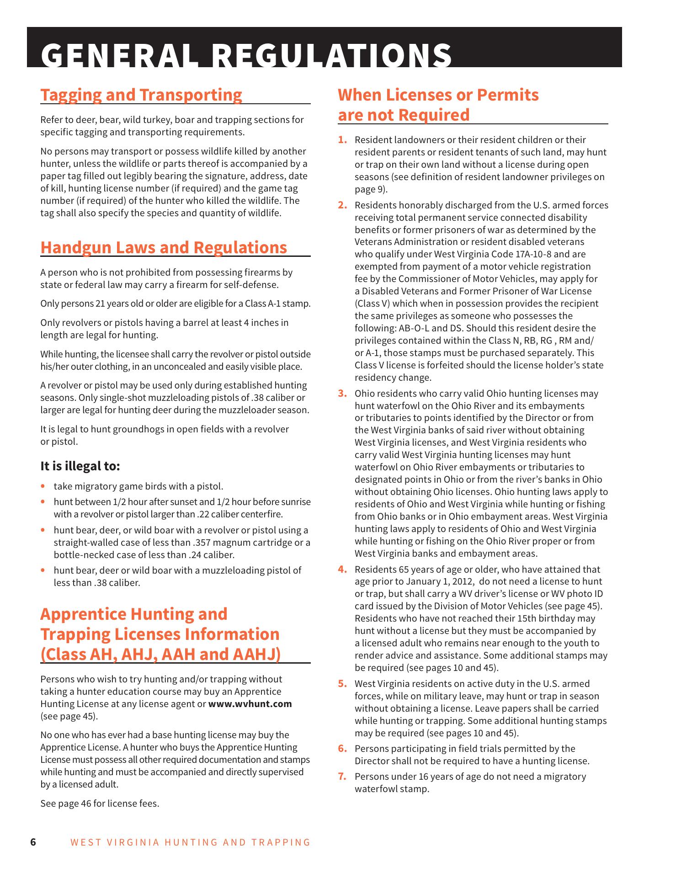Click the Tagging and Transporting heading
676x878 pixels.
point(141,95)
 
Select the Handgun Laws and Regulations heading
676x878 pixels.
point(164,247)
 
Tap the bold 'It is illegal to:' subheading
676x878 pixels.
point(80,466)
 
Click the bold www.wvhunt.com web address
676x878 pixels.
point(250,704)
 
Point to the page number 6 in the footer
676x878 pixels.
point(33,842)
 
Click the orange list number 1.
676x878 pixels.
point(343,140)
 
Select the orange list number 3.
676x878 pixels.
point(343,394)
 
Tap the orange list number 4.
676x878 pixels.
point(343,569)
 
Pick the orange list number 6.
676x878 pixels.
point(343,749)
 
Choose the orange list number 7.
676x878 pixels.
point(343,777)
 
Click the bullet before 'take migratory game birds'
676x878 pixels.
point(43,486)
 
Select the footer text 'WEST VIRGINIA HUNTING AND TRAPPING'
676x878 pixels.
point(190,842)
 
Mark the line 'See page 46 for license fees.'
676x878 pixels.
point(100,804)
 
